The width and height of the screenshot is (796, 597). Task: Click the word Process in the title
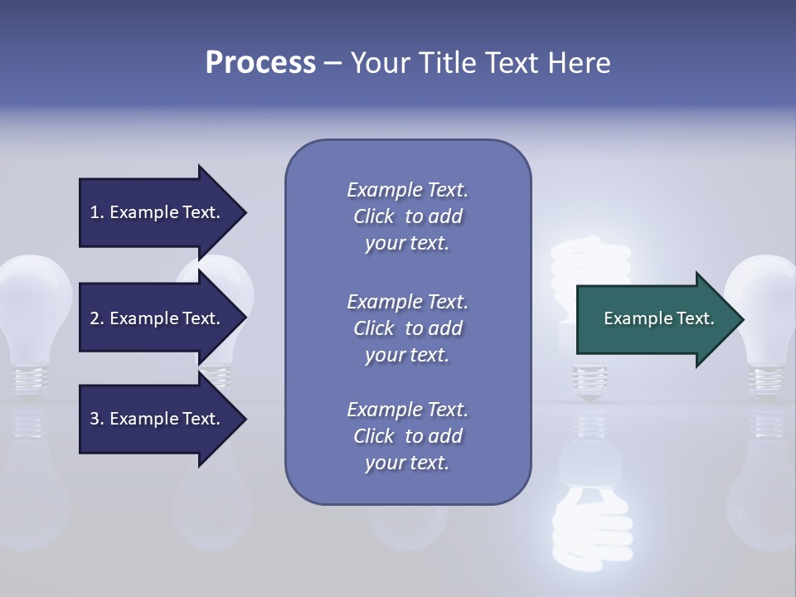[260, 63]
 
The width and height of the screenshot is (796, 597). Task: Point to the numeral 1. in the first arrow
[97, 212]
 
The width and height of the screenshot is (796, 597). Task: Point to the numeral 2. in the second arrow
[97, 318]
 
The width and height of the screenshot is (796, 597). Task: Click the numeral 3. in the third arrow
[97, 419]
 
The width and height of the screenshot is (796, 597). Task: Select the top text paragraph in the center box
[407, 216]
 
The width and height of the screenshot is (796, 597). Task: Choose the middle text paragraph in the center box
[407, 328]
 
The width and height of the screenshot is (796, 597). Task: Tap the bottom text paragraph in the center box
[407, 436]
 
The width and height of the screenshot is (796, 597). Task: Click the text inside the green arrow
[658, 318]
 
